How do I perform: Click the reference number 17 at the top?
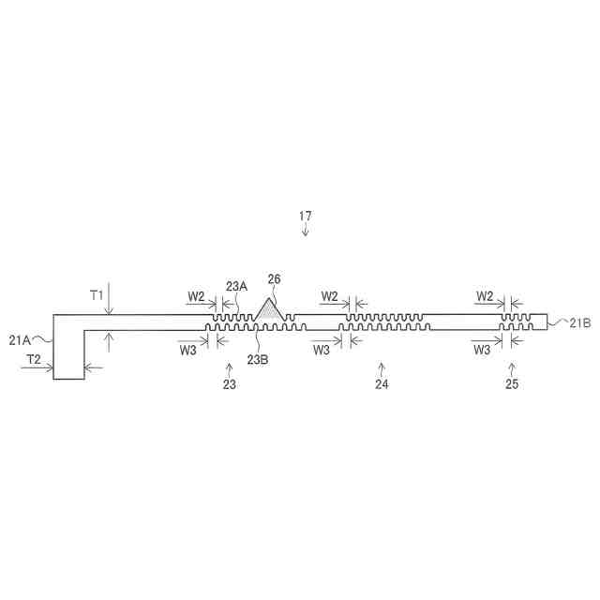(305, 216)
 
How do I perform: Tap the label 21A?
(20, 340)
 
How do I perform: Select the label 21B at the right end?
(580, 323)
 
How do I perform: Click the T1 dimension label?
(97, 295)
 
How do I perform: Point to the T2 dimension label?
(34, 359)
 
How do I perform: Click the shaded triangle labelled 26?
(270, 310)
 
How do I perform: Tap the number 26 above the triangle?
(274, 279)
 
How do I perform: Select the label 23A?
(236, 286)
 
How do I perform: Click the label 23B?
(258, 359)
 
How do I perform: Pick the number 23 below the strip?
(230, 384)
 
